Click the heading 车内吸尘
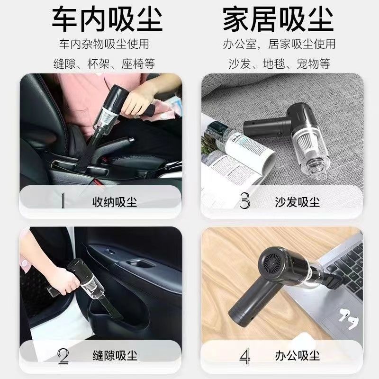pos(108,19)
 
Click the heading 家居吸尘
pos(278,19)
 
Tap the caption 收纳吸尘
pos(115,202)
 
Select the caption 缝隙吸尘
pos(115,355)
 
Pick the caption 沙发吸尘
pos(298,202)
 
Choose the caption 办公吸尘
pos(298,355)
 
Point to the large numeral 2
pos(63,356)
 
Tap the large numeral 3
pos(244,201)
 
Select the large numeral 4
pos(245,356)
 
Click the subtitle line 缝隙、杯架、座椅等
pos(104,64)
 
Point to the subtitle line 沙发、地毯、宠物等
pos(279,64)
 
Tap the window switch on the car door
pos(110,253)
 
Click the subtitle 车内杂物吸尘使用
pos(104,44)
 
